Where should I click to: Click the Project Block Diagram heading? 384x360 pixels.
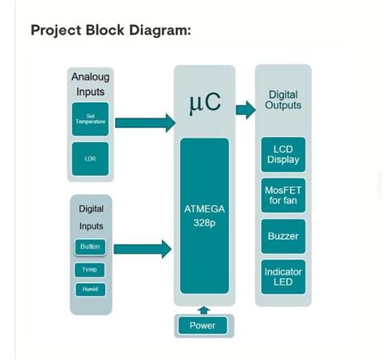[111, 31]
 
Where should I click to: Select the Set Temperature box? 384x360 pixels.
[90, 119]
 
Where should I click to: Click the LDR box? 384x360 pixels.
[90, 158]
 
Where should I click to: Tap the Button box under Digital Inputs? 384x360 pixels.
[90, 247]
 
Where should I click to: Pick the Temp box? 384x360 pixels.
[90, 269]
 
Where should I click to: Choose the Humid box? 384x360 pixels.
[90, 289]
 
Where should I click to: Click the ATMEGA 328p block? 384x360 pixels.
[204, 216]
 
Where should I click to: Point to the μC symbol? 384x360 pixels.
[204, 103]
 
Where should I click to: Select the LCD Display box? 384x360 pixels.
[282, 154]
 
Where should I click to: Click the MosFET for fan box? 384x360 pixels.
[282, 195]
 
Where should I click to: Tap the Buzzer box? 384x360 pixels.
[282, 237]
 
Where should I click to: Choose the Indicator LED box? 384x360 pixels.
[282, 277]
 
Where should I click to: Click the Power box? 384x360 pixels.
[203, 325]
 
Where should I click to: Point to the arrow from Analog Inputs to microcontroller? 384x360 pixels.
[145, 122]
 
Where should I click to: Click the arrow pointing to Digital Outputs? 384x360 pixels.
[245, 109]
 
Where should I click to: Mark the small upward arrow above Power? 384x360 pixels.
[203, 309]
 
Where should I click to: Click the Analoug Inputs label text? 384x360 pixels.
[90, 84]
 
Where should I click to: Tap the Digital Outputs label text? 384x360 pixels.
[284, 101]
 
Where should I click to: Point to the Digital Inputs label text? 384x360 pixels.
[90, 217]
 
